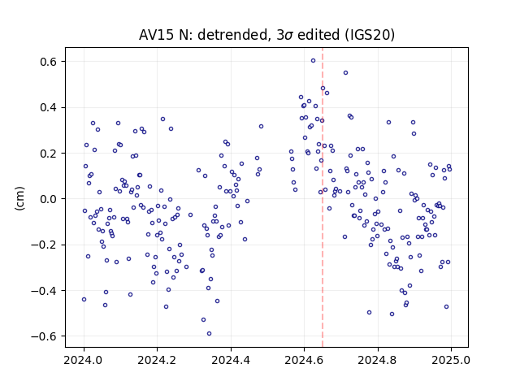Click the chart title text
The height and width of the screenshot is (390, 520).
point(266,35)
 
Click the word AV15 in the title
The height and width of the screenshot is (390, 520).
point(156,35)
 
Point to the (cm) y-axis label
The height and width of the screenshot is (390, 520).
point(19,198)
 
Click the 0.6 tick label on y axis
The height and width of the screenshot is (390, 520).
point(49,62)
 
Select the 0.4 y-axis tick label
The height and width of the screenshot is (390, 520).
point(49,107)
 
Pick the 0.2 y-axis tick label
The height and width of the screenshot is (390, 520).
point(49,154)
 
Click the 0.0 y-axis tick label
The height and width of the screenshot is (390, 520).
point(49,199)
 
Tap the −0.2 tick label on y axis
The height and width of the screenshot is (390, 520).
point(44,245)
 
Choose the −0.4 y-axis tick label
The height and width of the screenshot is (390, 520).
point(44,291)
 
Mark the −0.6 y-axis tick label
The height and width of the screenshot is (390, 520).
point(44,336)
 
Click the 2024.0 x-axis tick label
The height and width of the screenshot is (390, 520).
point(84,360)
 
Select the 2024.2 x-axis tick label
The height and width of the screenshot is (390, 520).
point(157,360)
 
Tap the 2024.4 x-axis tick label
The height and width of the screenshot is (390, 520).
point(231,360)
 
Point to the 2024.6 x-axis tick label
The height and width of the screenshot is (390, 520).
point(304,360)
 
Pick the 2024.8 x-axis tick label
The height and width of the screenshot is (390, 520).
point(377,360)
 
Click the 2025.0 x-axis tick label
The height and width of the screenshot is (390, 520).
point(451,360)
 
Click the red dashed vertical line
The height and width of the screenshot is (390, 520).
point(323,197)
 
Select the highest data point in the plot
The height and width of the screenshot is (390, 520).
point(313,61)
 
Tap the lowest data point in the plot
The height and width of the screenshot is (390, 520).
point(209,334)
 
